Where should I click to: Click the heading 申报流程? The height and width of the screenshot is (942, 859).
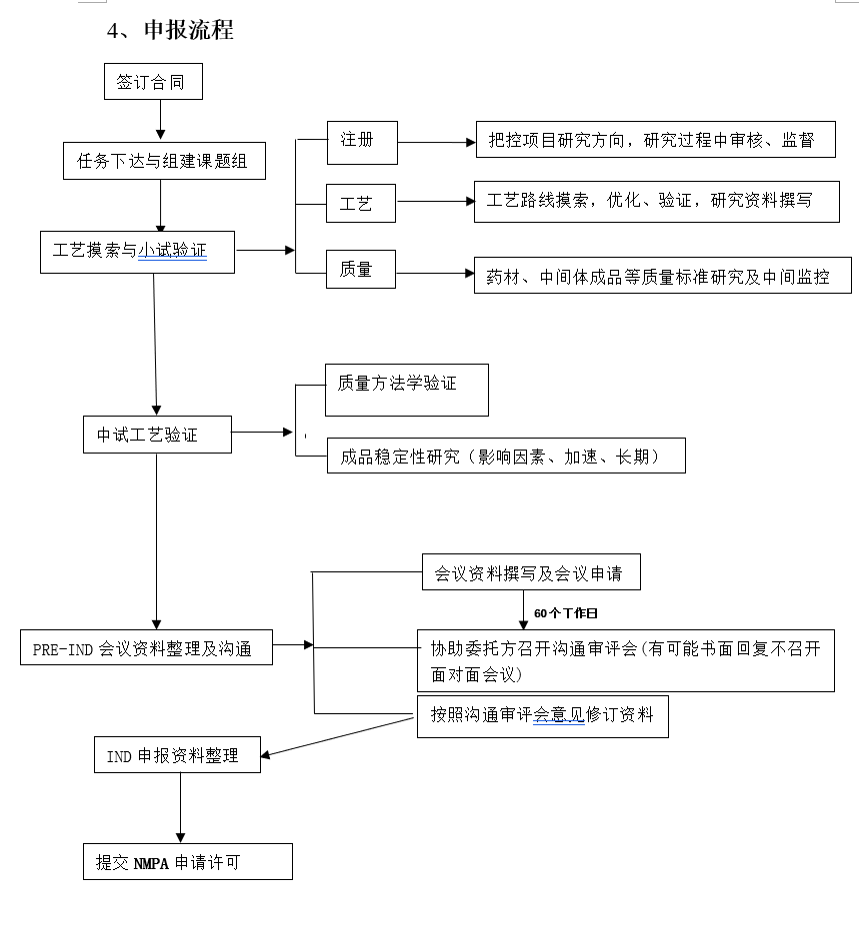[x=188, y=31]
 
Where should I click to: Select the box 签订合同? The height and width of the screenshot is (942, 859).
[x=152, y=82]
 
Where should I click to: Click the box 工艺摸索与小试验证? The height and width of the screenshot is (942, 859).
[x=137, y=252]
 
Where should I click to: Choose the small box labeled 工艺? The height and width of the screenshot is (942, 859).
[x=361, y=203]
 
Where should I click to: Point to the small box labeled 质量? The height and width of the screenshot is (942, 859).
[x=361, y=270]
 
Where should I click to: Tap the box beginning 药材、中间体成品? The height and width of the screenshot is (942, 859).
[x=663, y=276]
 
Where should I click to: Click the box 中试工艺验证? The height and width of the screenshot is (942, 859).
[x=156, y=435]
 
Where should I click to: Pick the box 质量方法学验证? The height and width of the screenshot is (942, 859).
[x=406, y=390]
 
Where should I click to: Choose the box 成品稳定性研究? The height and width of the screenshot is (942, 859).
[x=506, y=456]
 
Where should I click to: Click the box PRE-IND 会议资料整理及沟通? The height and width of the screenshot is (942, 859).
[x=147, y=647]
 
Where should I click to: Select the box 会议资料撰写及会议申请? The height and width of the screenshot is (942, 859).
[x=530, y=572]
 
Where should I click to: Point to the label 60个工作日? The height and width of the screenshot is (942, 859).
[x=566, y=613]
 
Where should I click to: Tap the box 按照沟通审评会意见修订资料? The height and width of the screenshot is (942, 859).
[x=542, y=716]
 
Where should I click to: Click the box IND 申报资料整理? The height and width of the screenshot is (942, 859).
[x=177, y=754]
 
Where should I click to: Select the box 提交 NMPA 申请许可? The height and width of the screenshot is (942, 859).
[x=187, y=861]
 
